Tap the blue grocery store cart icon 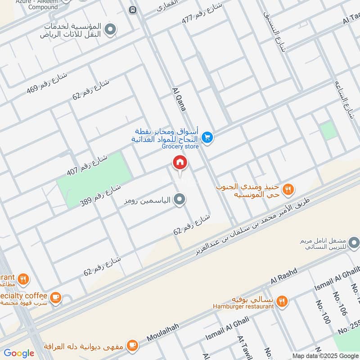coord(207,137)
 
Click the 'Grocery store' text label coord(180,146)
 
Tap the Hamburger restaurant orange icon coord(282,301)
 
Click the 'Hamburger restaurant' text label coord(243,306)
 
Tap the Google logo coord(19,353)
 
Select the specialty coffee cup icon coord(55,297)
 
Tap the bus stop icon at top coord(132,10)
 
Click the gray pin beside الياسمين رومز coord(180,199)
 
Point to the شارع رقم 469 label coord(46,82)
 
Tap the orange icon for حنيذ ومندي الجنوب coord(288,189)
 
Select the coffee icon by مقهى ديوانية coord(132,346)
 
